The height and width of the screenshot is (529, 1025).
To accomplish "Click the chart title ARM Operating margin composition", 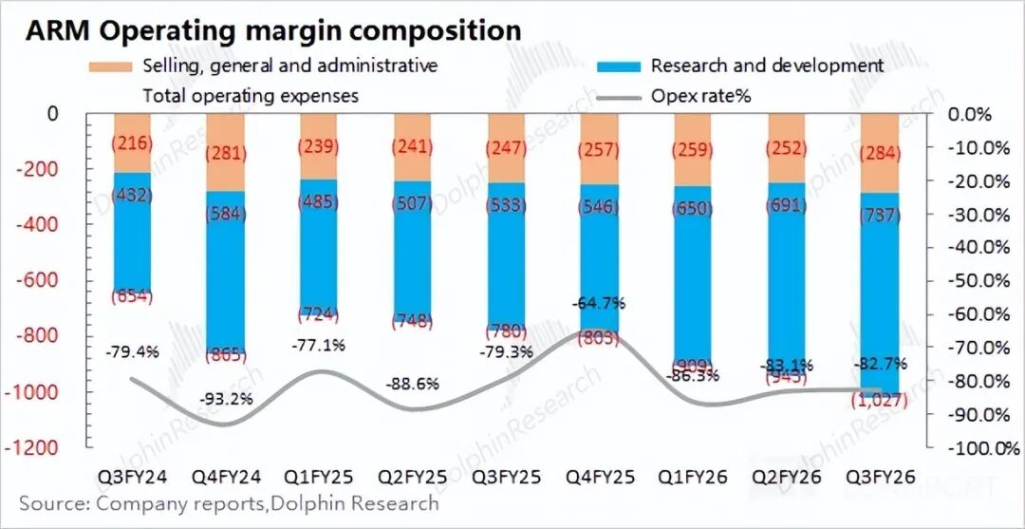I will [x=272, y=29].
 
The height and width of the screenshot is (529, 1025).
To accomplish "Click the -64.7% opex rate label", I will [x=598, y=304].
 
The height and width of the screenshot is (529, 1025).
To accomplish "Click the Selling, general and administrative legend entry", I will [x=289, y=66].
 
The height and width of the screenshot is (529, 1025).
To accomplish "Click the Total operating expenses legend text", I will [x=251, y=95].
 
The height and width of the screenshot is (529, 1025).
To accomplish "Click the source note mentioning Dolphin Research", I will [x=229, y=503].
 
